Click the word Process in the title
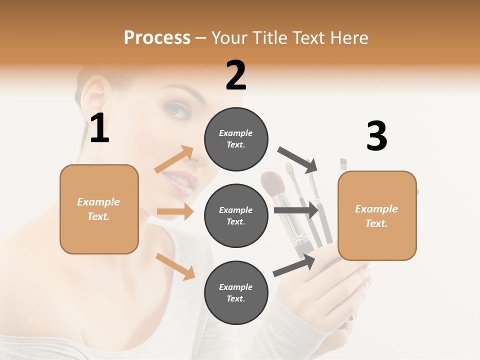157,37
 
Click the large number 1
99,128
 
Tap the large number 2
236,75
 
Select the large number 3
376,136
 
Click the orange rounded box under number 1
99,209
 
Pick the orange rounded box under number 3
377,215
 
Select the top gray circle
236,139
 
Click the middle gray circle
236,215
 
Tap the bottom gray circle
236,292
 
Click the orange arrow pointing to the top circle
174,159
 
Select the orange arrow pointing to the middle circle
175,211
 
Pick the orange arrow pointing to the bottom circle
175,266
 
